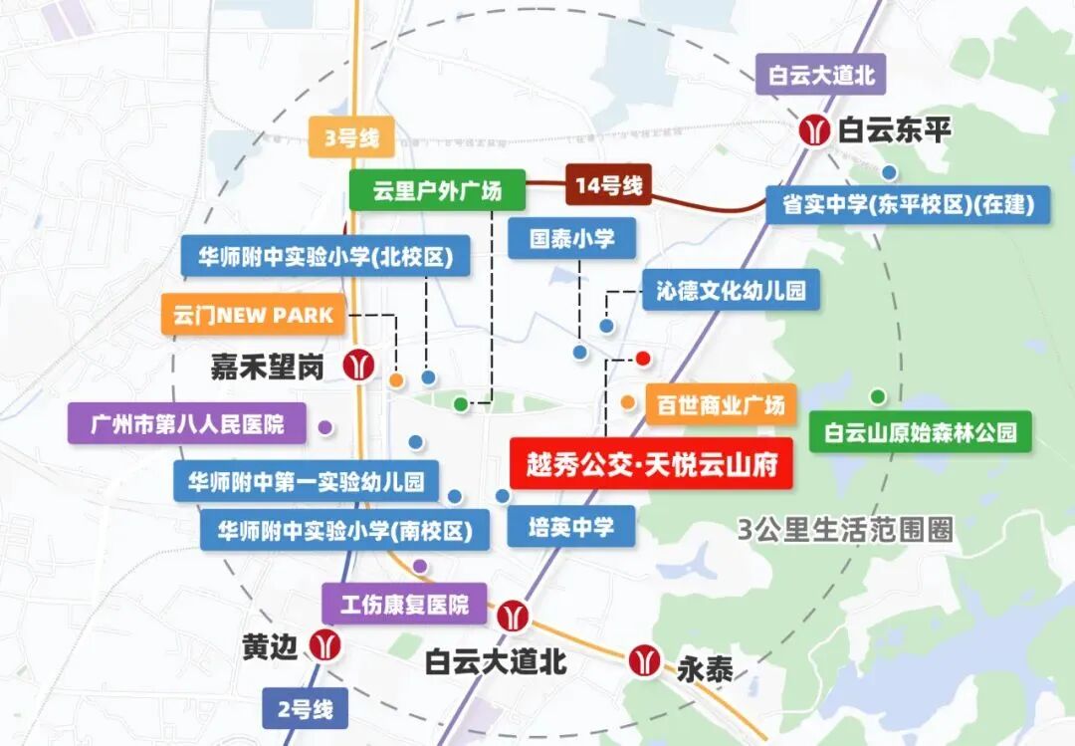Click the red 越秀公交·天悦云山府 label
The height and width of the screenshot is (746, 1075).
(x=651, y=464)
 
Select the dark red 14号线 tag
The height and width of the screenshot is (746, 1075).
(x=608, y=185)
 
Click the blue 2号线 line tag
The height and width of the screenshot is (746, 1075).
(x=306, y=710)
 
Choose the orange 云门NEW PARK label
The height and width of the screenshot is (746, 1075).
(x=253, y=316)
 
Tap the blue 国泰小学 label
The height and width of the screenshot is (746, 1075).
(x=572, y=240)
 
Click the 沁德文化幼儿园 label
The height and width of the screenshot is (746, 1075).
(x=731, y=291)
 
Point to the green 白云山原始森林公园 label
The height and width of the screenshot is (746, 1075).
(x=921, y=433)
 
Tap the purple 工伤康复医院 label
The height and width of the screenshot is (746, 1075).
(x=404, y=605)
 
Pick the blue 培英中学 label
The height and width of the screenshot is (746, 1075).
(x=570, y=527)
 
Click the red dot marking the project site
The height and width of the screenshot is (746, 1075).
(x=643, y=358)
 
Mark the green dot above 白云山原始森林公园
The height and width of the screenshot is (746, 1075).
(x=877, y=396)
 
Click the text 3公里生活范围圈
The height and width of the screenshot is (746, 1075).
(x=845, y=529)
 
